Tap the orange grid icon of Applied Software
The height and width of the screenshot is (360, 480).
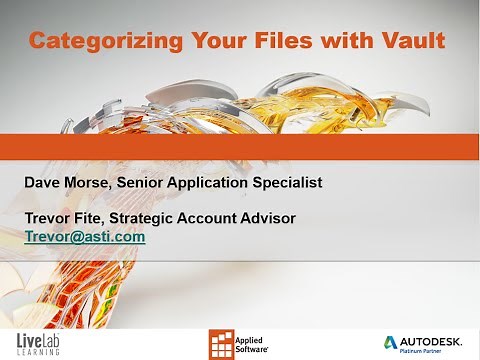(x=221, y=341)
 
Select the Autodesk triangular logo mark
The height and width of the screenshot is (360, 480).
(x=394, y=339)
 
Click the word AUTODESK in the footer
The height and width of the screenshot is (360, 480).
(x=438, y=337)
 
